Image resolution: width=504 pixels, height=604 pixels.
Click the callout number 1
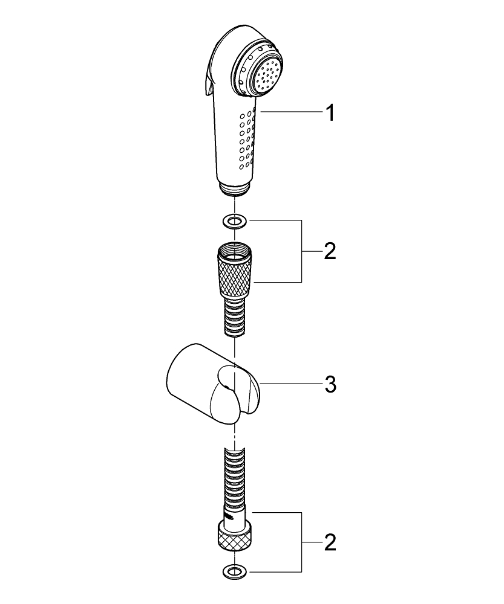click(x=330, y=112)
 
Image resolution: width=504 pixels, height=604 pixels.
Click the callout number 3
click(x=330, y=384)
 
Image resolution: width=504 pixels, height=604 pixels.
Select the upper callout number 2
click(x=330, y=251)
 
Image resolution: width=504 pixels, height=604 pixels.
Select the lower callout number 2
click(x=330, y=542)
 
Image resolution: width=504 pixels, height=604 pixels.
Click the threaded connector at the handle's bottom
click(x=234, y=188)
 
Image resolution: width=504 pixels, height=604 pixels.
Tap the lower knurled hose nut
click(x=235, y=536)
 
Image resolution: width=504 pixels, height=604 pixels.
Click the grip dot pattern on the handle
click(x=246, y=139)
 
